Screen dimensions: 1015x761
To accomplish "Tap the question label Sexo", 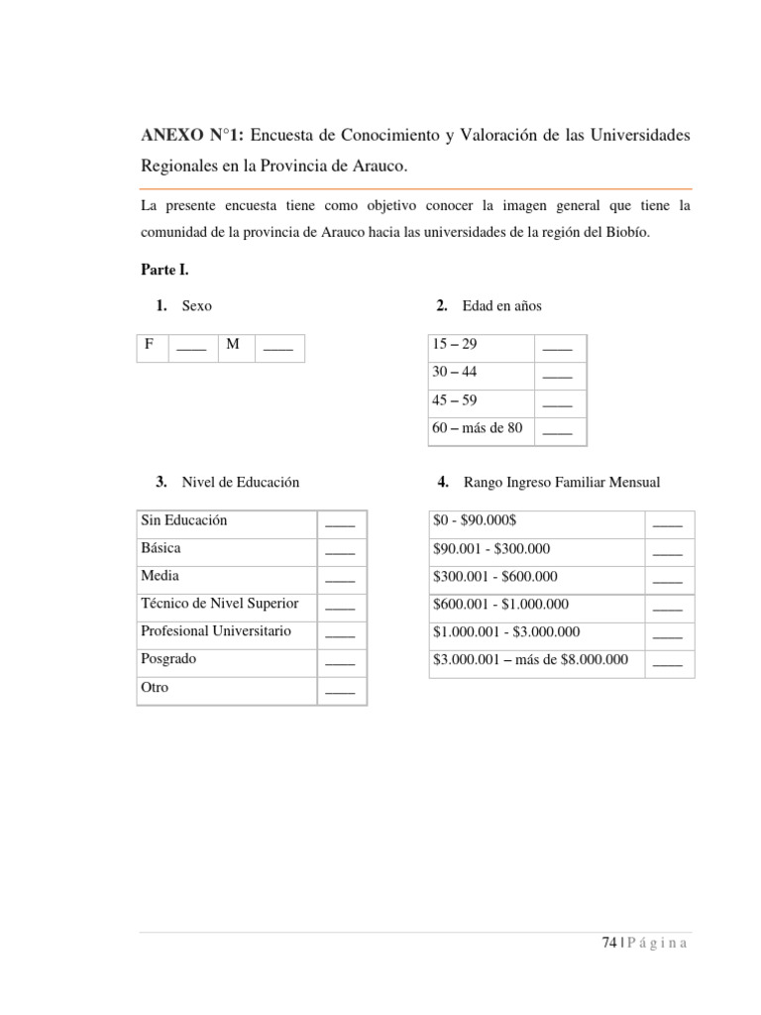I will pyautogui.click(x=196, y=306).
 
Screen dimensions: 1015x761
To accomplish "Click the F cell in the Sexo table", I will pyautogui.click(x=150, y=345).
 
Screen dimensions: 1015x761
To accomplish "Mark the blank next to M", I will pyautogui.click(x=278, y=346).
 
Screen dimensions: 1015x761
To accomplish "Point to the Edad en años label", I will pyautogui.click(x=501, y=306).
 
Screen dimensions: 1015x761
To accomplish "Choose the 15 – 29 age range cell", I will pyautogui.click(x=454, y=345).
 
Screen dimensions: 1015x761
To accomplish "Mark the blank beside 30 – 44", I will pyautogui.click(x=558, y=375).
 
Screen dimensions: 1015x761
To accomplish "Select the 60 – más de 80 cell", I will pyautogui.click(x=477, y=428).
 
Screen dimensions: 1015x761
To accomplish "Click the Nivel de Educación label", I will pyautogui.click(x=240, y=482).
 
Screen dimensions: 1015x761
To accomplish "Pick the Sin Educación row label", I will pyautogui.click(x=184, y=520).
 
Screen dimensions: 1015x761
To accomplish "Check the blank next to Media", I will pyautogui.click(x=340, y=577).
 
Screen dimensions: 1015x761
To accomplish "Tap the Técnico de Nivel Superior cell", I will pyautogui.click(x=219, y=603).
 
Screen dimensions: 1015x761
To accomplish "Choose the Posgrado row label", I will pyautogui.click(x=168, y=658).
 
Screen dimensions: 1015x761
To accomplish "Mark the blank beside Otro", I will pyautogui.click(x=340, y=689).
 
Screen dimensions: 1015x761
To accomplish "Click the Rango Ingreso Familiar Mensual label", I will pyautogui.click(x=562, y=482).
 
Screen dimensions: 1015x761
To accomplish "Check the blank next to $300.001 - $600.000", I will pyautogui.click(x=668, y=577).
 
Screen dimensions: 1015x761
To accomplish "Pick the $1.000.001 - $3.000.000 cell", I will pyautogui.click(x=506, y=631).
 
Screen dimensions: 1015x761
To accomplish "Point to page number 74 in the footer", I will pyautogui.click(x=608, y=943).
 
